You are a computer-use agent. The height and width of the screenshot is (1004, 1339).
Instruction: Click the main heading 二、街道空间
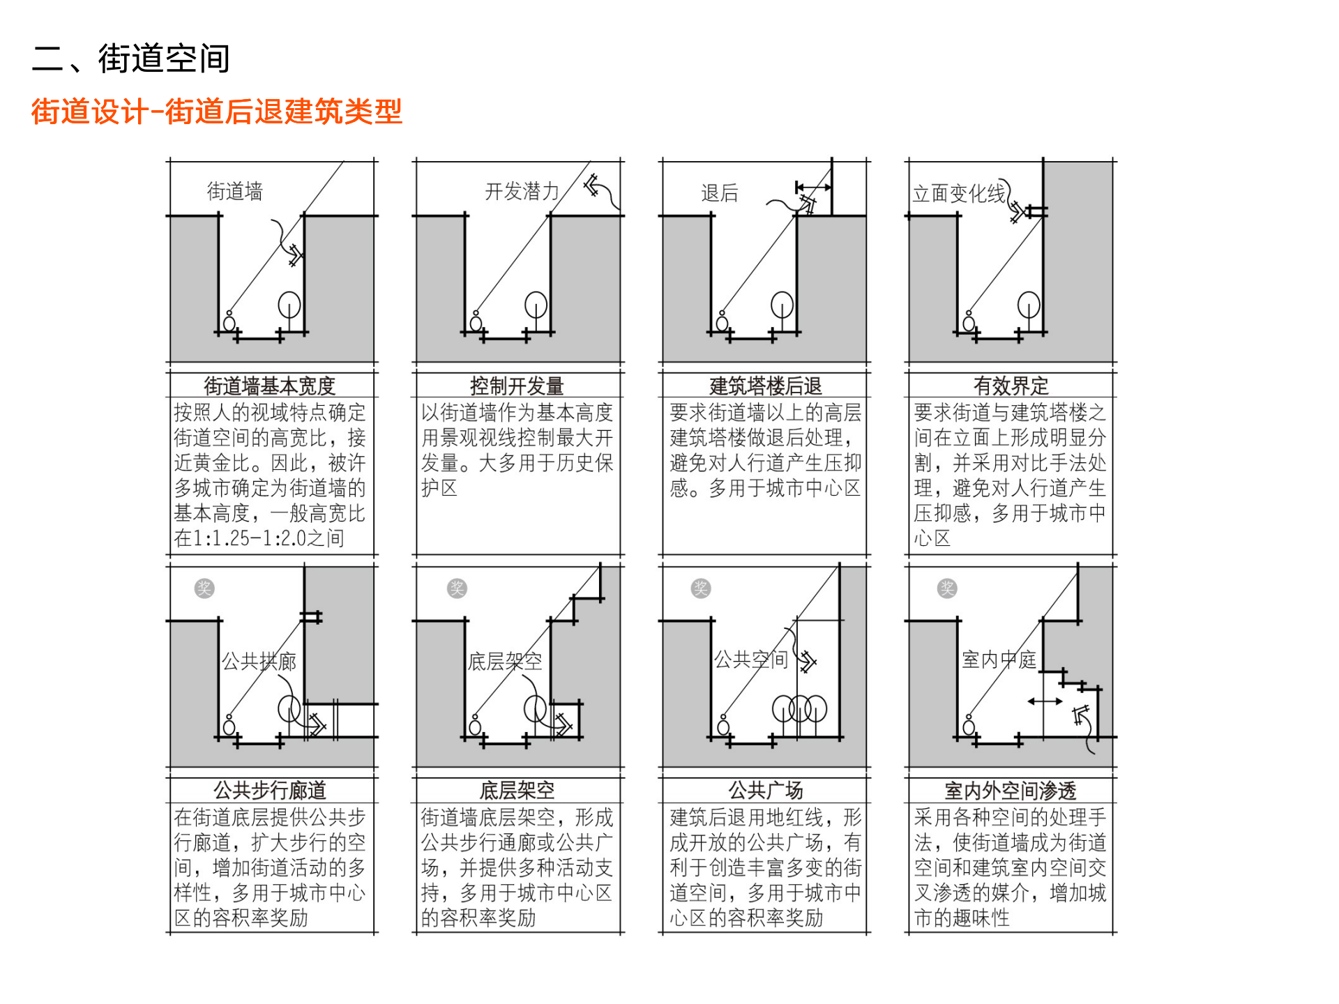click(x=130, y=58)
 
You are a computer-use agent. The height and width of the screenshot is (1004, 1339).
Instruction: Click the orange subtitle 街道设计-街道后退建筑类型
click(x=216, y=112)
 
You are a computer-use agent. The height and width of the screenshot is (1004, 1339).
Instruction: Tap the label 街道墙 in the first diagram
click(x=235, y=191)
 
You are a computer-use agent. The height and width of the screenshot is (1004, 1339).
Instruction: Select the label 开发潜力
click(x=522, y=191)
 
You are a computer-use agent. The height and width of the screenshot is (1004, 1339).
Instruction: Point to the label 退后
click(x=719, y=193)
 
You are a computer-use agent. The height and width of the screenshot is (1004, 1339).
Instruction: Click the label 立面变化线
click(x=959, y=193)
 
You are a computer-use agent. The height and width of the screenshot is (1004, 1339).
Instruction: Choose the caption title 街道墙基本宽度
click(x=269, y=386)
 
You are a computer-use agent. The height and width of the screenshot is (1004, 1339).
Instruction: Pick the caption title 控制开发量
click(x=517, y=386)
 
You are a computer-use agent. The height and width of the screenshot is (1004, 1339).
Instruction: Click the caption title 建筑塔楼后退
click(x=765, y=386)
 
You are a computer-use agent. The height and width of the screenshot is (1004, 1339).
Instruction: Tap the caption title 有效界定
click(x=1011, y=386)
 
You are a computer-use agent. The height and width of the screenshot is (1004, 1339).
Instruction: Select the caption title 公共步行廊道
click(x=270, y=790)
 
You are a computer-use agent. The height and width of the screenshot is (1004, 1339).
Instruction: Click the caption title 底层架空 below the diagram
click(x=517, y=790)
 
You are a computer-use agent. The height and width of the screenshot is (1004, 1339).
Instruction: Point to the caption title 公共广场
click(x=765, y=790)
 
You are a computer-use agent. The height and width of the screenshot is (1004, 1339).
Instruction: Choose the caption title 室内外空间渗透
click(x=1011, y=790)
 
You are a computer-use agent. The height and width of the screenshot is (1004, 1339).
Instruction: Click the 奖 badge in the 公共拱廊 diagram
click(x=204, y=588)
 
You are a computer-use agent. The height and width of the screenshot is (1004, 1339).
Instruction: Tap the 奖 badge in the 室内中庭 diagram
click(x=947, y=588)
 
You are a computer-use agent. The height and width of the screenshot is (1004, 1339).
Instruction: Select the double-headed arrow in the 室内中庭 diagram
click(x=1045, y=701)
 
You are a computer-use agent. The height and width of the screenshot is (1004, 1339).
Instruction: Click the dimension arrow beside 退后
click(x=813, y=187)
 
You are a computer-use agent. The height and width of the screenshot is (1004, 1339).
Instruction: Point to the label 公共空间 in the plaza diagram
click(x=750, y=660)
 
